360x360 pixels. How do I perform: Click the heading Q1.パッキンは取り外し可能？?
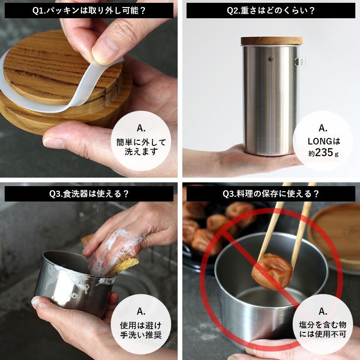tap(89, 11)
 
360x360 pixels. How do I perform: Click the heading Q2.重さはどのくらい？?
tap(271, 11)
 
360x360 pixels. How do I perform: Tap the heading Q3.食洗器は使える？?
tap(89, 193)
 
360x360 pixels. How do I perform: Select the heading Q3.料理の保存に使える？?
tap(271, 193)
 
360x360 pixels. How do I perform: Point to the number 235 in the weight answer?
tap(324, 152)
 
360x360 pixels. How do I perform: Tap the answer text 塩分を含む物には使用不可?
tap(323, 330)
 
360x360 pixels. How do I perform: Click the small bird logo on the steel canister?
tap(271, 59)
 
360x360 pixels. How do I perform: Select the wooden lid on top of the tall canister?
tap(272, 41)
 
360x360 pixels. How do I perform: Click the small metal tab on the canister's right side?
tap(301, 61)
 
